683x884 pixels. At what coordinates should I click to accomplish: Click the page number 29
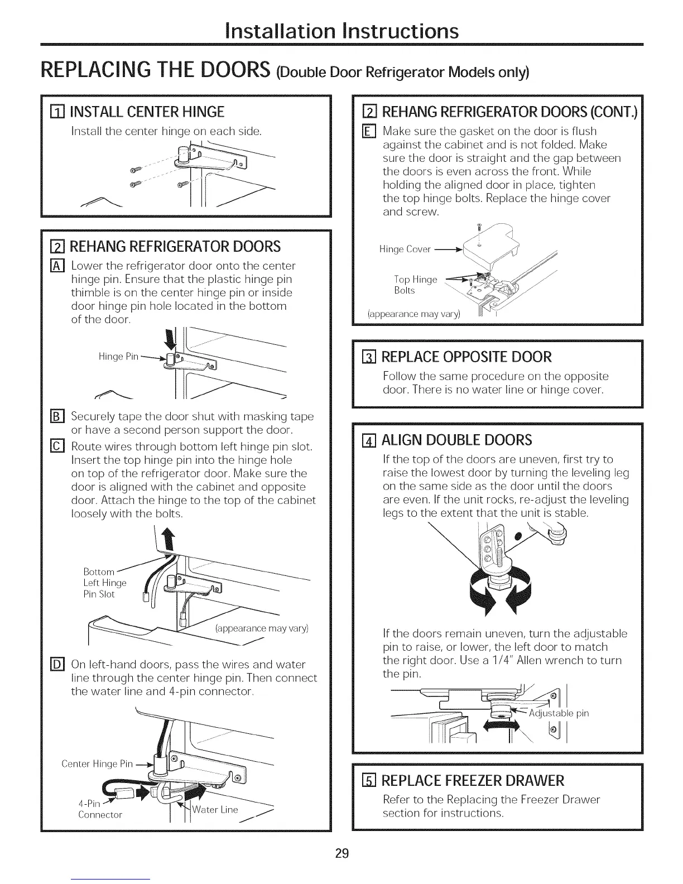[x=342, y=853]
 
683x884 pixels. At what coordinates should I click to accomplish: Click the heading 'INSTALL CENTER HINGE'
[x=146, y=112]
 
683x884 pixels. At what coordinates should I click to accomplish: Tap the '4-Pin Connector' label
[x=100, y=809]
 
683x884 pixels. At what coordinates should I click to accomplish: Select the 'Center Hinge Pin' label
[x=97, y=763]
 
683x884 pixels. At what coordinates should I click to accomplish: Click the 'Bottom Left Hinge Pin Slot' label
[x=104, y=583]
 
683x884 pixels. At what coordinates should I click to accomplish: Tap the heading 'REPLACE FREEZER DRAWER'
[x=473, y=780]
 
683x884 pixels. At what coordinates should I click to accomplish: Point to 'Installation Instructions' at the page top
[x=341, y=30]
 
